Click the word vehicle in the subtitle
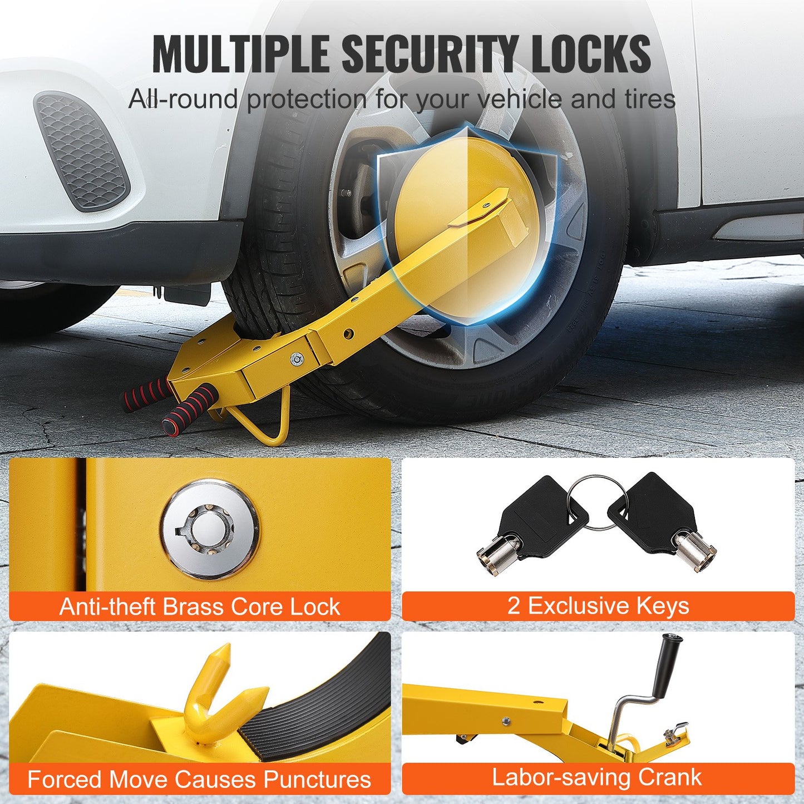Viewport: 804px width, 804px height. [521, 100]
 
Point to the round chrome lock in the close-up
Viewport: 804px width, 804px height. [210, 527]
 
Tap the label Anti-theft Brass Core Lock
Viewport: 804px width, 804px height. [200, 606]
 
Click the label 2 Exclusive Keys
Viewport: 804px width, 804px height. [598, 606]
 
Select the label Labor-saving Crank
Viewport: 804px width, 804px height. [596, 778]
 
